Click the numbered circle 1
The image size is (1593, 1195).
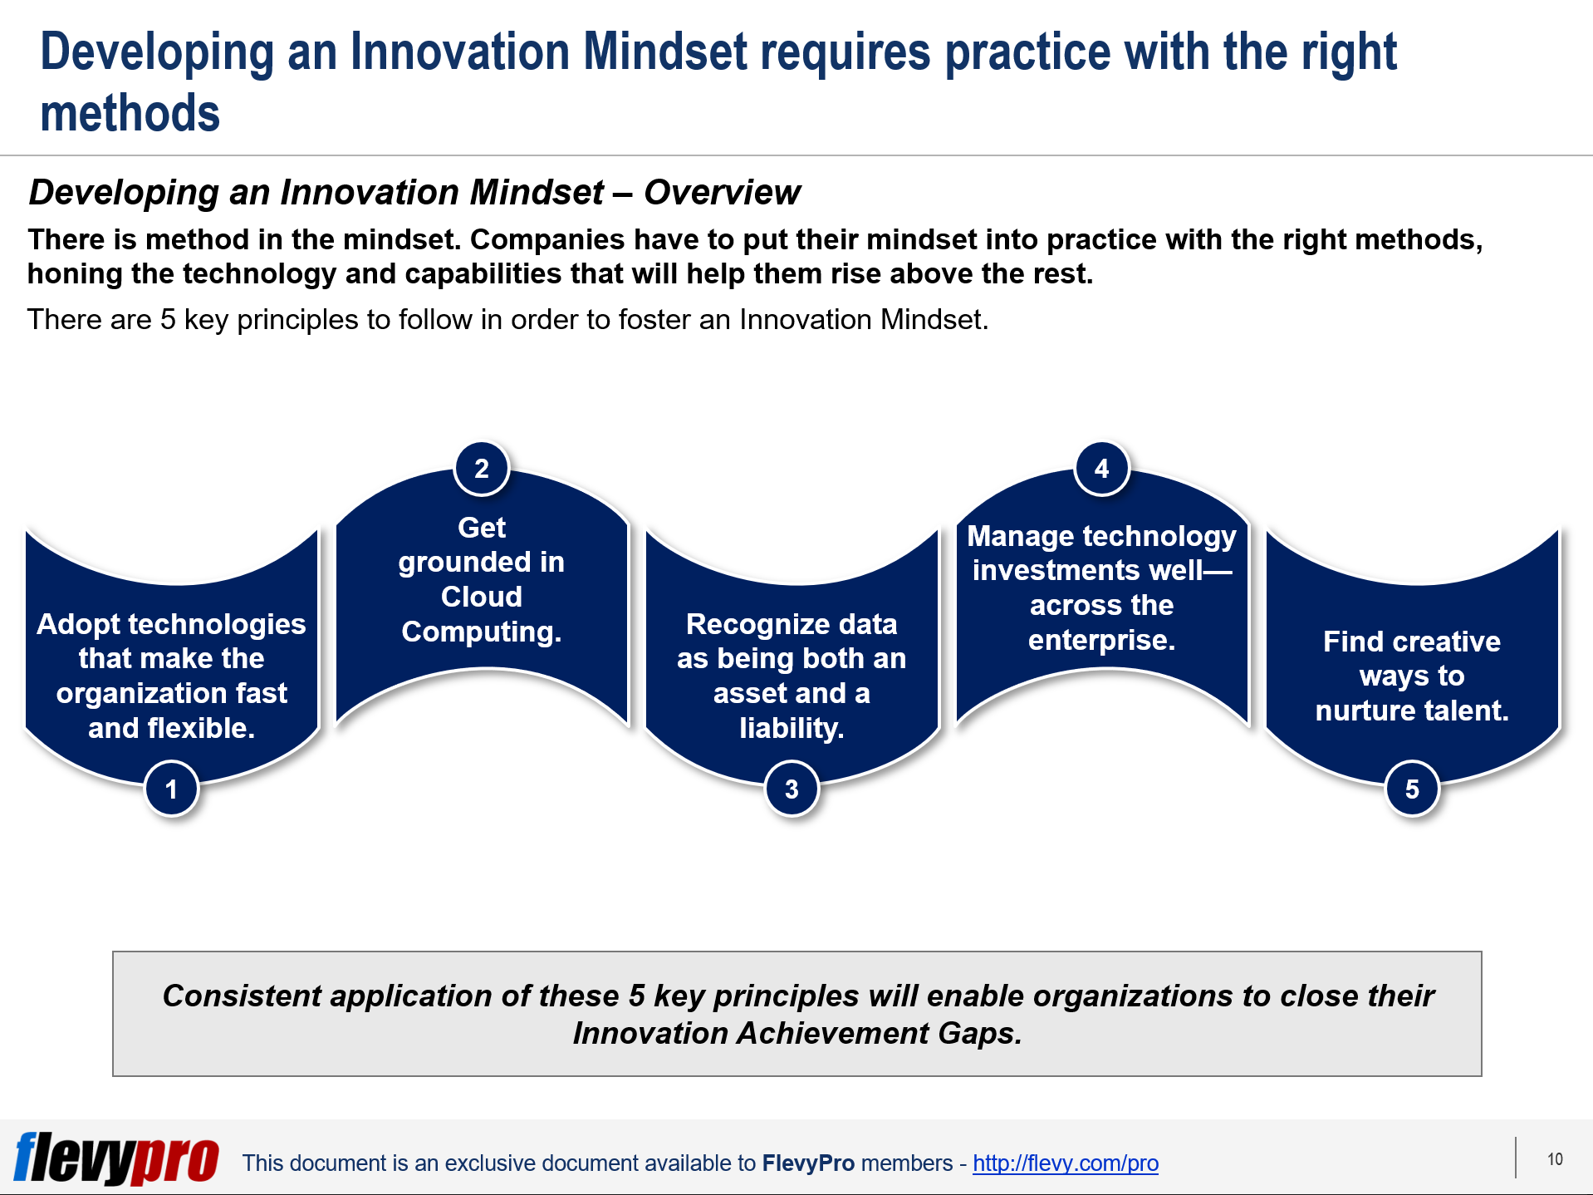coord(171,789)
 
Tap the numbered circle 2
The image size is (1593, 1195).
coord(481,469)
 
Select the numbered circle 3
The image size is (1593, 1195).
coord(792,789)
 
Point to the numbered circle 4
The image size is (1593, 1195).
coord(1101,469)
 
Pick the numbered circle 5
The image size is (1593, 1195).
coord(1411,789)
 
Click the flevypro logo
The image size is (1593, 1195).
coord(116,1158)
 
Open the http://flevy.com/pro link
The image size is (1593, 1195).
coord(1065,1163)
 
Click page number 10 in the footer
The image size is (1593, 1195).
coord(1555,1159)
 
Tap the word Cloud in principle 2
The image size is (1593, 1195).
coord(481,597)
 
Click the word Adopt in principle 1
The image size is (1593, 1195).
coord(76,623)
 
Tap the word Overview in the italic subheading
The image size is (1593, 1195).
coord(721,192)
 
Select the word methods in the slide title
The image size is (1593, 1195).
coord(130,113)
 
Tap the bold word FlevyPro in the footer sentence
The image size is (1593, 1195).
coord(807,1163)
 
